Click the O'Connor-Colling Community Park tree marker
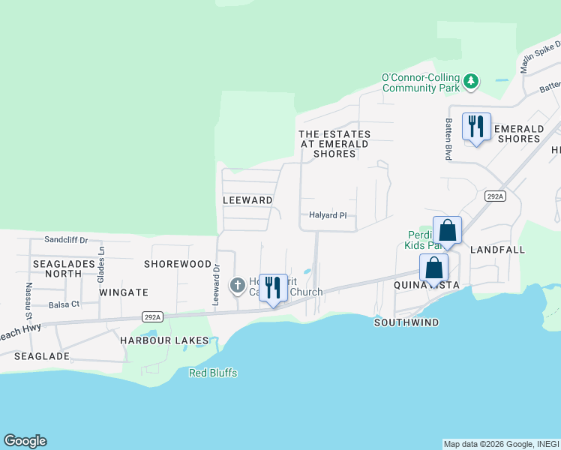click(471, 81)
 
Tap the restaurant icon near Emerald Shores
click(475, 126)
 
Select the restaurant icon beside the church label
click(272, 286)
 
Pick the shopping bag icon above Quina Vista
click(433, 267)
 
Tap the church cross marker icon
click(237, 285)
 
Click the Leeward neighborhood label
click(247, 200)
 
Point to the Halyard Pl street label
click(328, 215)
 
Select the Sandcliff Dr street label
click(66, 240)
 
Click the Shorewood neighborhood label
click(178, 264)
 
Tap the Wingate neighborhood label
click(124, 292)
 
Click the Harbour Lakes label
click(164, 340)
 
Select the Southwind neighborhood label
click(406, 322)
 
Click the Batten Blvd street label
click(448, 138)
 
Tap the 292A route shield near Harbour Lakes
click(152, 317)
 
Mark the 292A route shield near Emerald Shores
click(495, 196)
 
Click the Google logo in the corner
click(25, 441)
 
